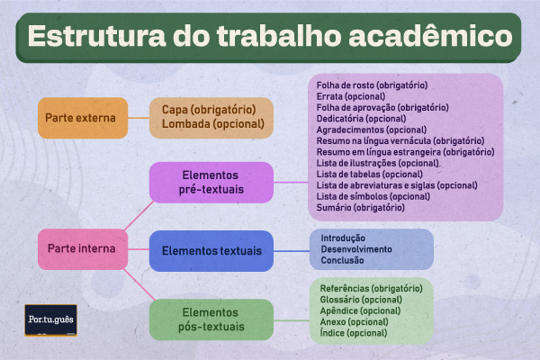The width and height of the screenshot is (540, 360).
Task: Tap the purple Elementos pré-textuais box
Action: (211, 183)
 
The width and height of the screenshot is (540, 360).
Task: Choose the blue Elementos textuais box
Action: (211, 250)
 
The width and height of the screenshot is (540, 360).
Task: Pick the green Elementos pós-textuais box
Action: (211, 319)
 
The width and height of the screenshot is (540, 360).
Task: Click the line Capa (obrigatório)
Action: (209, 110)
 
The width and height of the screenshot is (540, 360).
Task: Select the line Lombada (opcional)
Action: (209, 125)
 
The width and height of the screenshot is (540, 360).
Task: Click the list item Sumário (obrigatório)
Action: (361, 207)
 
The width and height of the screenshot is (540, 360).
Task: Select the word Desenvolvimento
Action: (355, 248)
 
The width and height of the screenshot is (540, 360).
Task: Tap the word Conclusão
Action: (342, 260)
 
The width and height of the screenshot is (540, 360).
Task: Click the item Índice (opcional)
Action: (354, 332)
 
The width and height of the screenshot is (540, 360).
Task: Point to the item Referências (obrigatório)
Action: (370, 288)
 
